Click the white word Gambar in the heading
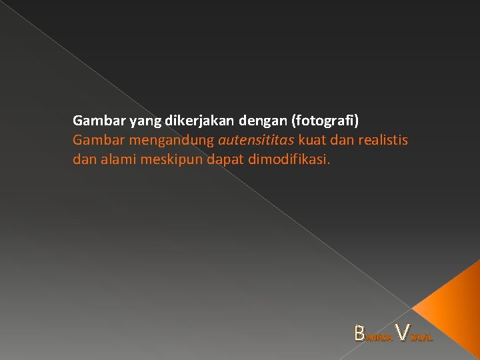93,121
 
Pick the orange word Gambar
93,141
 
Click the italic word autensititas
256,141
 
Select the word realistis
383,141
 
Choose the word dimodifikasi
287,160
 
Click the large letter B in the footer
361,333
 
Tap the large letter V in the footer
402,331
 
